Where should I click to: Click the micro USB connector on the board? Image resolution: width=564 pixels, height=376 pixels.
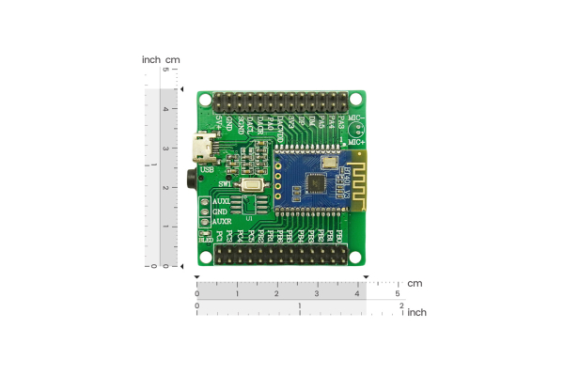pyautogui.click(x=201, y=148)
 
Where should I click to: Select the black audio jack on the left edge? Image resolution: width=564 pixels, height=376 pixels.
pyautogui.click(x=195, y=177)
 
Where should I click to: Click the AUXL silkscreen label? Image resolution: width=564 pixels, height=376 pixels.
pyautogui.click(x=222, y=201)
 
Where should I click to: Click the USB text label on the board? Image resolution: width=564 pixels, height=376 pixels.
pyautogui.click(x=207, y=169)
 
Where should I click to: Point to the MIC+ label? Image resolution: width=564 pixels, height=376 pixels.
pyautogui.click(x=356, y=141)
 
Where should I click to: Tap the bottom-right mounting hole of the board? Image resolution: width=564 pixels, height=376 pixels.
pyautogui.click(x=356, y=255)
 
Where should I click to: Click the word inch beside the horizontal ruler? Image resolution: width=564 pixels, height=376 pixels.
pyautogui.click(x=416, y=312)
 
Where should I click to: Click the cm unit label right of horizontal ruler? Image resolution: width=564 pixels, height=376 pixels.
pyautogui.click(x=415, y=283)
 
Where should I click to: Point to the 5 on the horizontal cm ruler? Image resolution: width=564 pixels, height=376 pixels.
pyautogui.click(x=397, y=294)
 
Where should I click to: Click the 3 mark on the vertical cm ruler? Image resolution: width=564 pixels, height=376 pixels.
pyautogui.click(x=166, y=148)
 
